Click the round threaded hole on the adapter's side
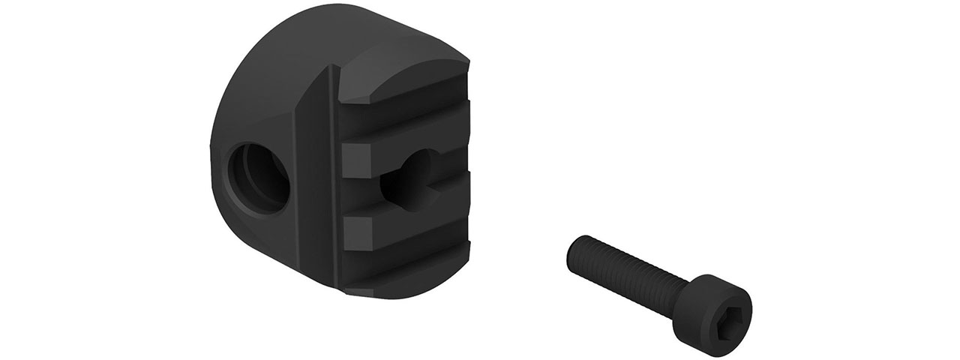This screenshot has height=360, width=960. [x=259, y=175]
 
